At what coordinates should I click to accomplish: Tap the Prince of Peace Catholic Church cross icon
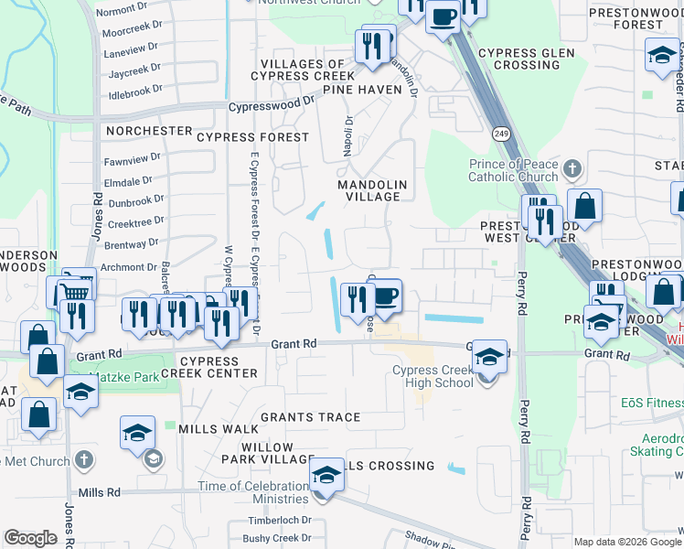pos(572,169)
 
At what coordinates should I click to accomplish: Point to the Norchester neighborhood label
pos(148,131)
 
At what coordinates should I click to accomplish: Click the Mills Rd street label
pos(100,492)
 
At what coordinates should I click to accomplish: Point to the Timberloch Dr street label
pos(276,520)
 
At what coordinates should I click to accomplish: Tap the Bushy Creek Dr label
pos(277,539)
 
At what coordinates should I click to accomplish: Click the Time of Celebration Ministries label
pos(253,492)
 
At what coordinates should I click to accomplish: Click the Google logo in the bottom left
pos(30,538)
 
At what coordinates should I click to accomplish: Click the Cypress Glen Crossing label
pos(526,59)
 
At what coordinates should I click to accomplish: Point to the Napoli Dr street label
pos(348,136)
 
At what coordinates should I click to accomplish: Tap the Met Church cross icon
pos(83,460)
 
